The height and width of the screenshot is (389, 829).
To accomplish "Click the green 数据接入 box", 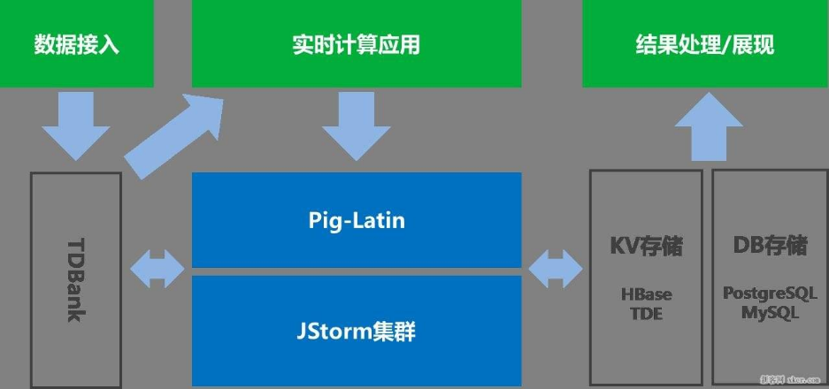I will point(76,43).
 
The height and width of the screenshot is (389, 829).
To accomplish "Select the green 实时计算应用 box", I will point(356,43).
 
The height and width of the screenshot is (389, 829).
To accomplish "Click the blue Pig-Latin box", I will point(357,219).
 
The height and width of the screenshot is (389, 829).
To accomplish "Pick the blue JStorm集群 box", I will point(357,332).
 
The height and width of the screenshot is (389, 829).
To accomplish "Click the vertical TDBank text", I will point(76,279).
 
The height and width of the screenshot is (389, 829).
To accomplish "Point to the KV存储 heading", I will point(646,245).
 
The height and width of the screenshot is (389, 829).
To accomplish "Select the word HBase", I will point(646,294).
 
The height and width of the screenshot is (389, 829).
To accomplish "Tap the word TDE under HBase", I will point(646,313).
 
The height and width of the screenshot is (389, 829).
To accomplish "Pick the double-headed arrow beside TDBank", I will point(157,265).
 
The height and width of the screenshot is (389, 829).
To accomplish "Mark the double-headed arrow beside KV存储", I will point(556,265).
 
